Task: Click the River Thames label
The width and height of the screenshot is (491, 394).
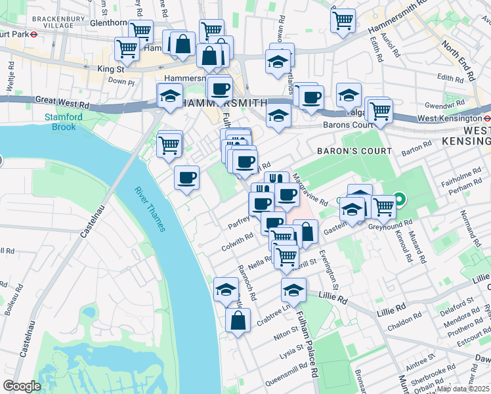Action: pos(150,209)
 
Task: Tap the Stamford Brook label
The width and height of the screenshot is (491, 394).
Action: pos(60,122)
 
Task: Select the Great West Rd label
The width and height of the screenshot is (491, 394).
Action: pos(62,103)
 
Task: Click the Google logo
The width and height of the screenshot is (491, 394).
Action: pos(22,386)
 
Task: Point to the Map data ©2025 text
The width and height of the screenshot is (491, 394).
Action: pos(463,389)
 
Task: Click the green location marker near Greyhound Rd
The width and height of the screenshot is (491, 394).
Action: pos(399,200)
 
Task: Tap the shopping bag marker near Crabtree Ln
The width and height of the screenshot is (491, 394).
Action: pos(238,320)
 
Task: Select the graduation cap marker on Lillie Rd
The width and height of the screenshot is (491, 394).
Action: pos(293,290)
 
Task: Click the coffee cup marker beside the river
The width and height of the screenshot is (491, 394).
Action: pos(187,177)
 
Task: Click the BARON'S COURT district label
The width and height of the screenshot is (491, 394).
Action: pos(354,151)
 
